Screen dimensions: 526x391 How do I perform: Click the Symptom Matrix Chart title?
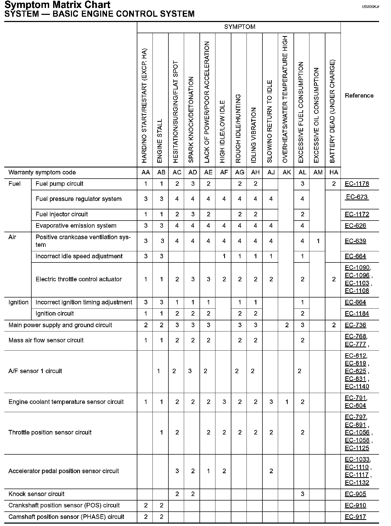[57, 5]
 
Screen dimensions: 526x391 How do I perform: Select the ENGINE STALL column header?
[160, 141]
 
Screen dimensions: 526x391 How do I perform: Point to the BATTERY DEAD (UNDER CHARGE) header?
[333, 111]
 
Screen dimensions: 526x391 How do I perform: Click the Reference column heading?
[359, 96]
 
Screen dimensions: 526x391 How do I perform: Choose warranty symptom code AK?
[287, 173]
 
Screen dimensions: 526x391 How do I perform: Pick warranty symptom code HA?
[334, 173]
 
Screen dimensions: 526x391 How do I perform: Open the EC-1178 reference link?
[357, 184]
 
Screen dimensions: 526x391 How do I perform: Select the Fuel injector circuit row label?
[62, 214]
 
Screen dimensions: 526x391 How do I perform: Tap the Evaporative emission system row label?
[76, 226]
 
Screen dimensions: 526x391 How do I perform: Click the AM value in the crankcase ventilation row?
[318, 241]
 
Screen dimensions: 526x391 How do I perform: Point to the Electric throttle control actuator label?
[79, 279]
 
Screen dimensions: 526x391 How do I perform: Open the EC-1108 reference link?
[357, 291]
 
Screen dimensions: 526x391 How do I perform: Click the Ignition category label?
[18, 303]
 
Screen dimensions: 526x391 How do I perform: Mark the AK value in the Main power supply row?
[287, 325]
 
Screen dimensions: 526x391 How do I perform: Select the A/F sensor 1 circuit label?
[35, 371]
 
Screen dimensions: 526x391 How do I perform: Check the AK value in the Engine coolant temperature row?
[287, 402]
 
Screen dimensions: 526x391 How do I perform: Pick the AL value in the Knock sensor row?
[302, 494]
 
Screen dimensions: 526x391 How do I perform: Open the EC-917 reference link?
[355, 517]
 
